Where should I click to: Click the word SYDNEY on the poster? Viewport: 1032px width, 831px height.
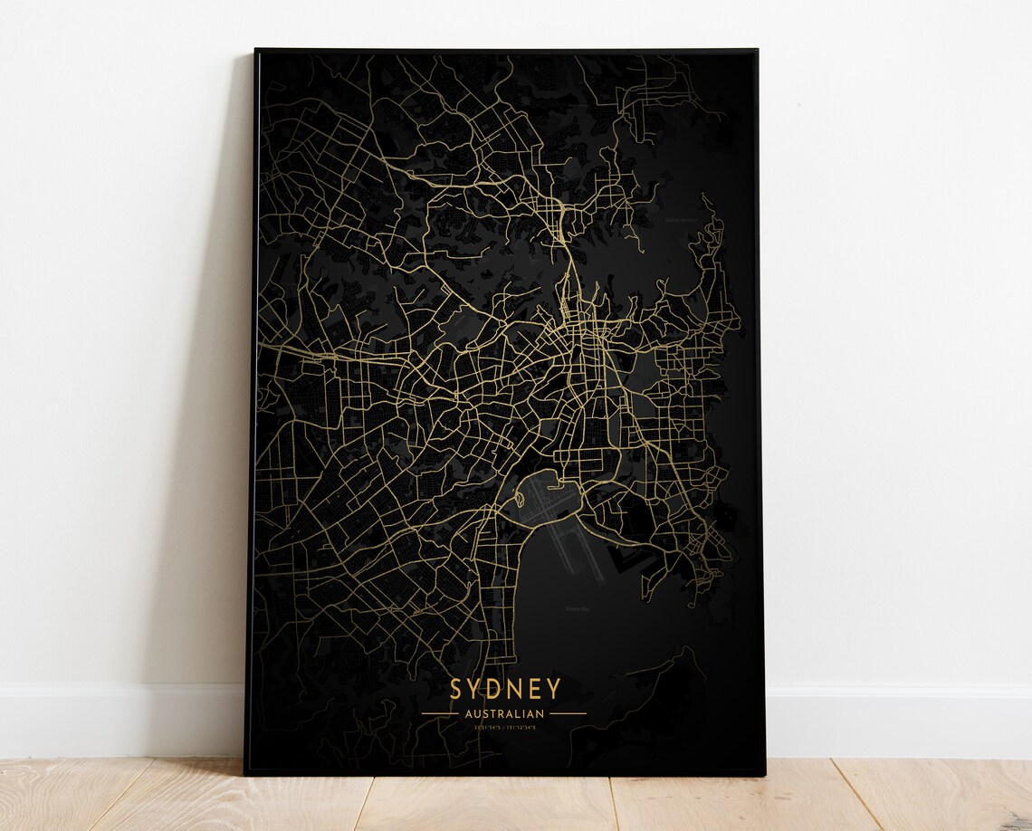point(504,689)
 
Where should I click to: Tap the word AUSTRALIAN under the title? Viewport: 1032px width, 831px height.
point(504,713)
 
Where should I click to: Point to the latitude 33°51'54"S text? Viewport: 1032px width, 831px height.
point(480,727)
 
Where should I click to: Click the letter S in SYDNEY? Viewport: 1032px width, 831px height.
point(457,689)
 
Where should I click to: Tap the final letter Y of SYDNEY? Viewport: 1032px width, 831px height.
point(552,689)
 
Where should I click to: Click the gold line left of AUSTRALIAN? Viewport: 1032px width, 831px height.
point(439,713)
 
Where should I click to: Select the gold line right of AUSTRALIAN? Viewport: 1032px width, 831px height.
point(569,713)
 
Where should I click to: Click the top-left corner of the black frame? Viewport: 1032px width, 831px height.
point(256,51)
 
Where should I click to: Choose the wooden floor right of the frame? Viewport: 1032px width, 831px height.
point(896,797)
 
